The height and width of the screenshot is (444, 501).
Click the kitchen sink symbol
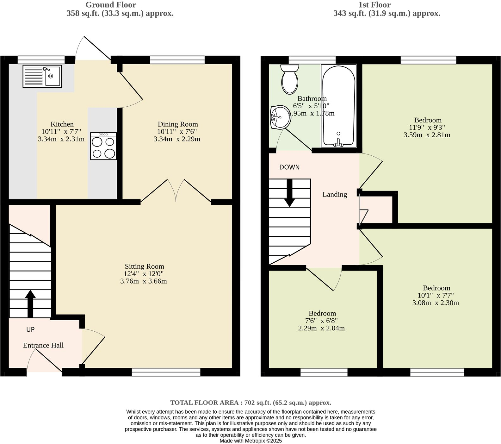pos(42,76)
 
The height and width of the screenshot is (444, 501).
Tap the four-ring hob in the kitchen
pos(103,146)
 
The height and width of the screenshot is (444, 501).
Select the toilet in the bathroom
pos(290,79)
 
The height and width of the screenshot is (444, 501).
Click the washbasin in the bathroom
pos(280,117)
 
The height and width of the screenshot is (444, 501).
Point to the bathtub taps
pos(338,143)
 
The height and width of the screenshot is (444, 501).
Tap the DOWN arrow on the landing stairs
pos(289,193)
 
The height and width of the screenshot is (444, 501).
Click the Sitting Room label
pos(144,266)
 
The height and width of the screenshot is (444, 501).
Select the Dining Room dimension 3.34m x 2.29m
pos(177,139)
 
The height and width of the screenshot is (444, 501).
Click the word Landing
pos(335,194)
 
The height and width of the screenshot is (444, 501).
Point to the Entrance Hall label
pos(43,345)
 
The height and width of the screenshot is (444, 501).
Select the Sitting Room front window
pos(166,372)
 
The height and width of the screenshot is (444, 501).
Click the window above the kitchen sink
pos(41,60)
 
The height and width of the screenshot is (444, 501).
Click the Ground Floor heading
pos(111,5)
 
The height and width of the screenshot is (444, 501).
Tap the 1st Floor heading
pos(374,5)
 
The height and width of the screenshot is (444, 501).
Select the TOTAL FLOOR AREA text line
pos(250,403)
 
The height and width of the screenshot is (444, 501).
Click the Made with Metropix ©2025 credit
pos(250,441)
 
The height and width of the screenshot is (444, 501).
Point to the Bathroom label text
pos(312,98)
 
